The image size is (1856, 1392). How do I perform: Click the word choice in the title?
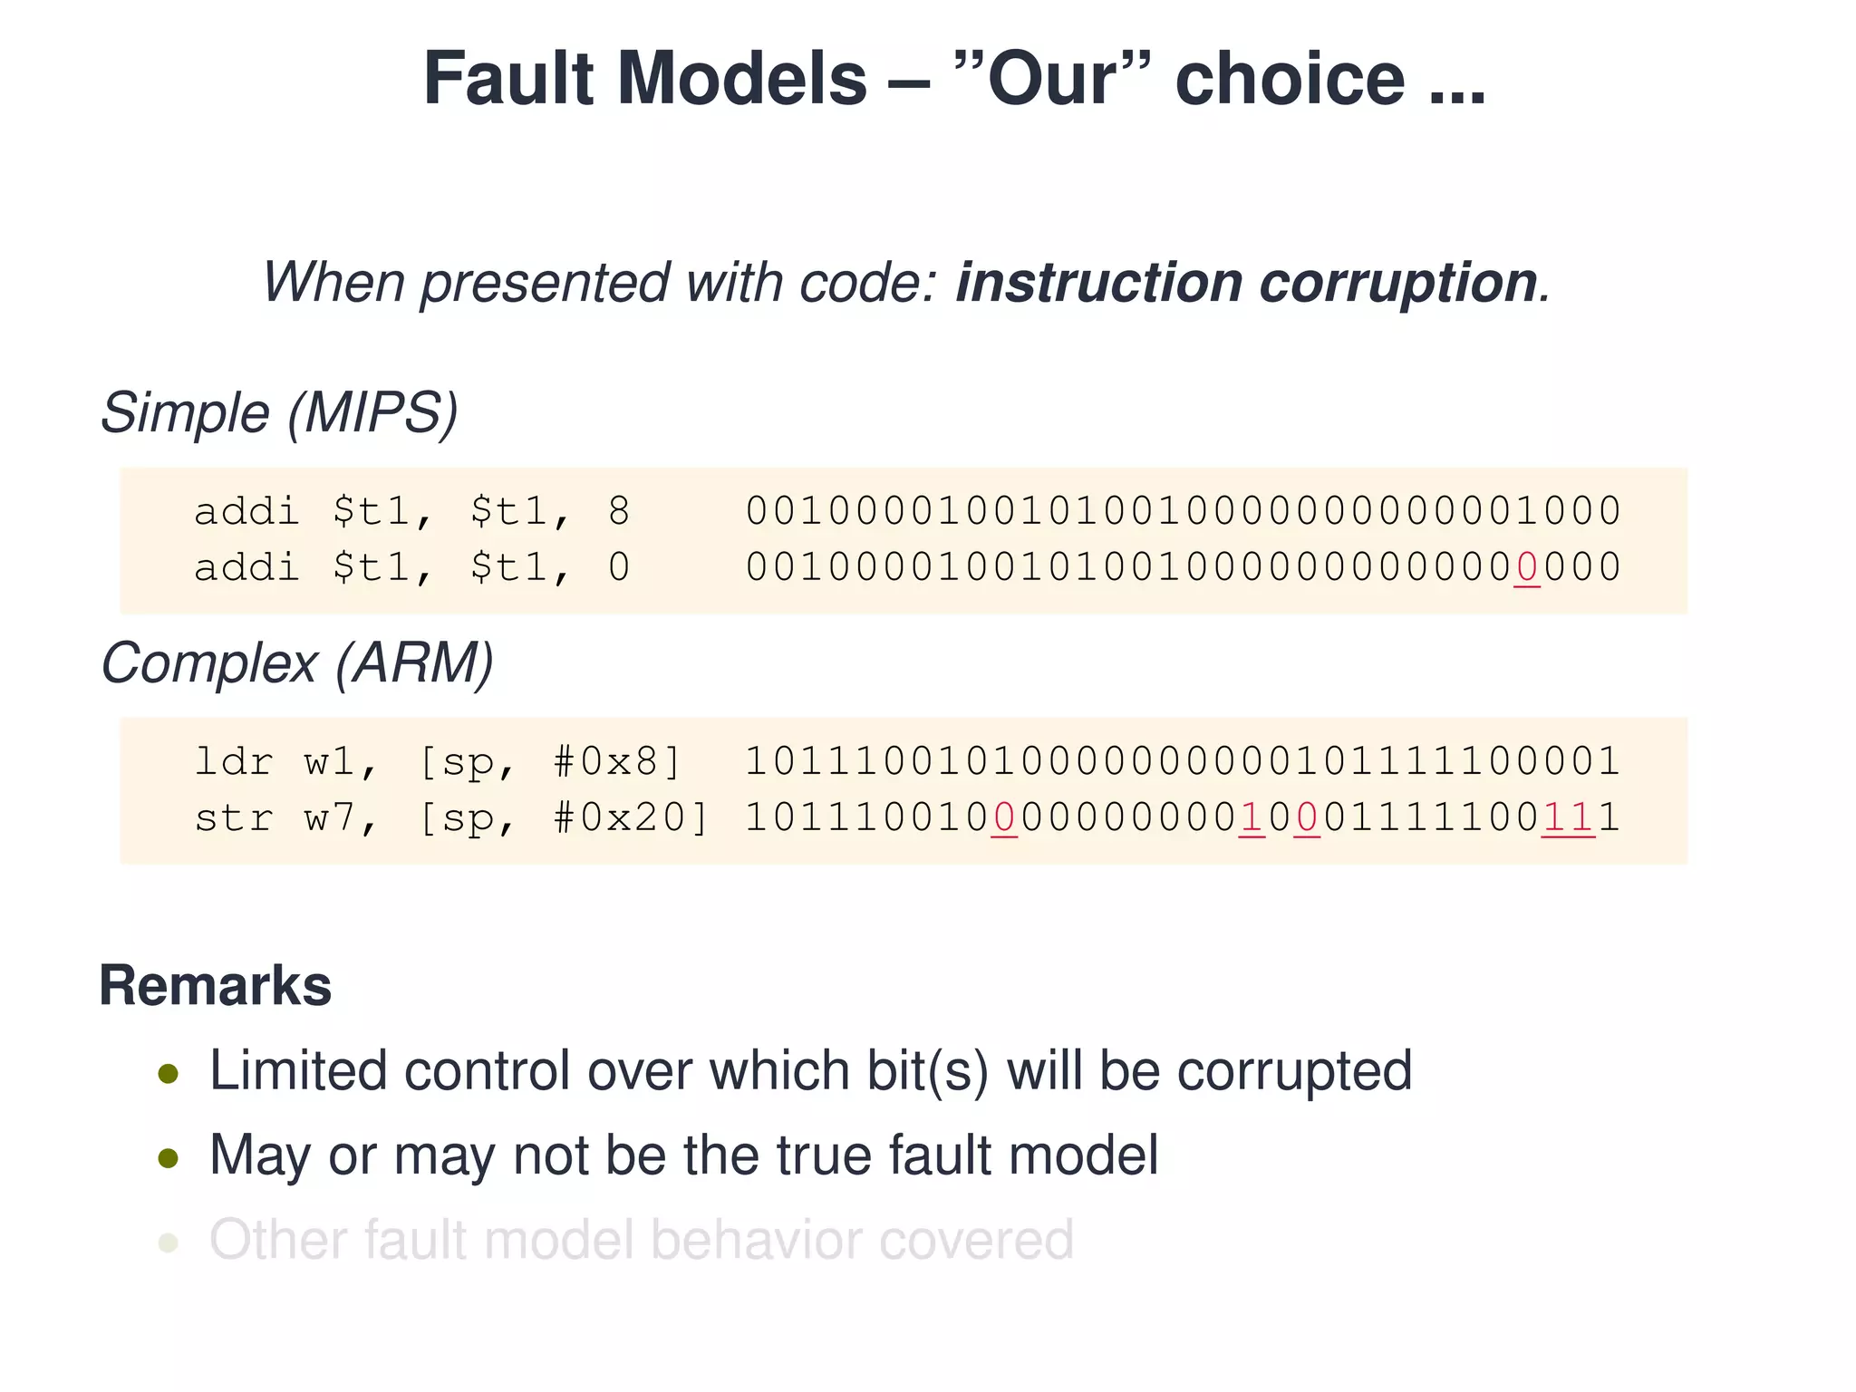tap(1290, 79)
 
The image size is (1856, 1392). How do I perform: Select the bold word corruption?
tap(1397, 282)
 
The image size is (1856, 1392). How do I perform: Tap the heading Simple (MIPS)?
tap(279, 413)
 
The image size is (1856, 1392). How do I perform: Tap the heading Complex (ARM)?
tap(297, 663)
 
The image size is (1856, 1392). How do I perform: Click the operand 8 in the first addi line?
tap(619, 512)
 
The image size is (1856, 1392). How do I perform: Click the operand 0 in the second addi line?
tap(619, 568)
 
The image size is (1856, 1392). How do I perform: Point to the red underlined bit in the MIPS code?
tap(1526, 568)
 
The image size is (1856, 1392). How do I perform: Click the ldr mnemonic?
tap(234, 762)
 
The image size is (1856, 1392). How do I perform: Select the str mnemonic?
tap(234, 818)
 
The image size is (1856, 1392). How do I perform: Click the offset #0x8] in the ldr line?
tap(617, 762)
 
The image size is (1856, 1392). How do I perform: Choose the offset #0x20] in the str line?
tap(631, 818)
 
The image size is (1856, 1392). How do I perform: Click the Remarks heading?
tap(216, 986)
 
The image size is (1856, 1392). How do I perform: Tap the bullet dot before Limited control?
tap(168, 1075)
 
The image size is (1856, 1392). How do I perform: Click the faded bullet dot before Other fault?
tap(168, 1242)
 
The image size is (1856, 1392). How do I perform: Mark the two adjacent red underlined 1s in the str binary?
tap(1568, 818)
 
